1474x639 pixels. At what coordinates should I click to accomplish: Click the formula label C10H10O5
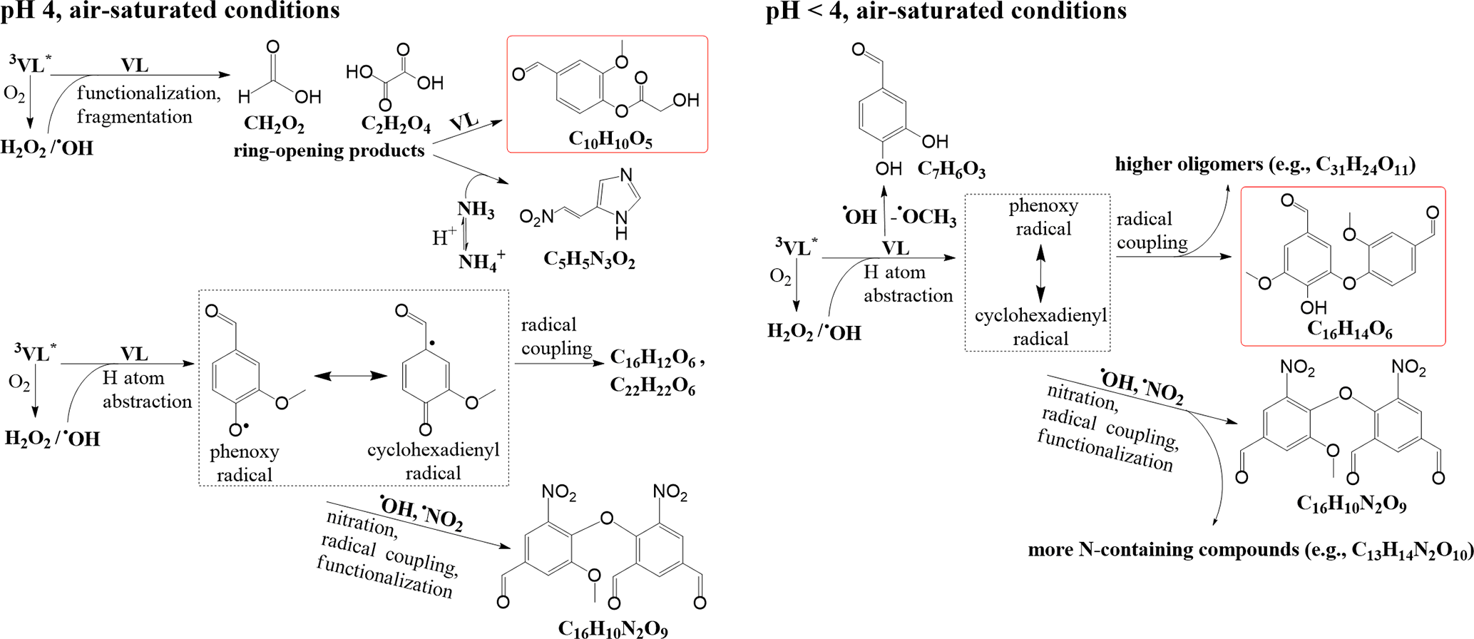[x=610, y=140]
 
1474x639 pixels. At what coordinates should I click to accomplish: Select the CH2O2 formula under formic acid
[x=274, y=124]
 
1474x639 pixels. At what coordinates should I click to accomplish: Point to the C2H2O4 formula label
[x=396, y=124]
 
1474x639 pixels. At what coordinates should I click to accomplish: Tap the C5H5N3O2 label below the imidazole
[x=589, y=259]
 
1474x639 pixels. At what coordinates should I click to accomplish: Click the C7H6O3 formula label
[x=951, y=170]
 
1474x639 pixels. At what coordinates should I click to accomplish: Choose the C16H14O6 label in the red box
[x=1349, y=329]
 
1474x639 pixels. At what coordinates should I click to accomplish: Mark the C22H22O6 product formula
[x=652, y=387]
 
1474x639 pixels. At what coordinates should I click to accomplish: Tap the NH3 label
[x=476, y=210]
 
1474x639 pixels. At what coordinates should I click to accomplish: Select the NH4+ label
[x=482, y=262]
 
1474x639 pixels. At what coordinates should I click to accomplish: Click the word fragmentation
[x=135, y=116]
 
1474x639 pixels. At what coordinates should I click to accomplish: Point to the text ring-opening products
[x=329, y=150]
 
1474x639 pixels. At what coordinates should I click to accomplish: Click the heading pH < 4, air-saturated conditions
[x=946, y=11]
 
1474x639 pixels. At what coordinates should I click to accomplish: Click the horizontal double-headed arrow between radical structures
[x=350, y=375]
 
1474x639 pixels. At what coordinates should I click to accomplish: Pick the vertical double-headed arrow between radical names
[x=1040, y=273]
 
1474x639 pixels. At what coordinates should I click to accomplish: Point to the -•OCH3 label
[x=924, y=217]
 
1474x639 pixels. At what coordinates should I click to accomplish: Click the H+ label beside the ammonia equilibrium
[x=444, y=237]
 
